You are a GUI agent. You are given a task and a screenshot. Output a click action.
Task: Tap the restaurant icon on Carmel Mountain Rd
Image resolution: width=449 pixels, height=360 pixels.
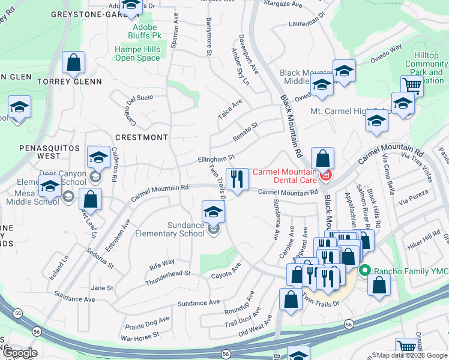[x=237, y=179]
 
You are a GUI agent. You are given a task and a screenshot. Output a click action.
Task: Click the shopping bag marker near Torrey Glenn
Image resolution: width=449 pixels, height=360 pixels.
[x=73, y=62]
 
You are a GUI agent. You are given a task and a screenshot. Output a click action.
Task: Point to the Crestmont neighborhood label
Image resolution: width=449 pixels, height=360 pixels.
[x=141, y=137]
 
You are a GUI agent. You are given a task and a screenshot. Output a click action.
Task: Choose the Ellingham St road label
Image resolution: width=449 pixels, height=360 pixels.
[x=215, y=159]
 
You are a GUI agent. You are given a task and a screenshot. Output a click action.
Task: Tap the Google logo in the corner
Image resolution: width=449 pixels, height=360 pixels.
[x=20, y=353]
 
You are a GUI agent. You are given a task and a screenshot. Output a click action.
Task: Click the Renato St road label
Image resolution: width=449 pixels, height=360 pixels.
[x=245, y=130]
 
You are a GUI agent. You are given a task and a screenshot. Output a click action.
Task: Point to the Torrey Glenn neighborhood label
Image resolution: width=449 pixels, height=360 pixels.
[x=69, y=81]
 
